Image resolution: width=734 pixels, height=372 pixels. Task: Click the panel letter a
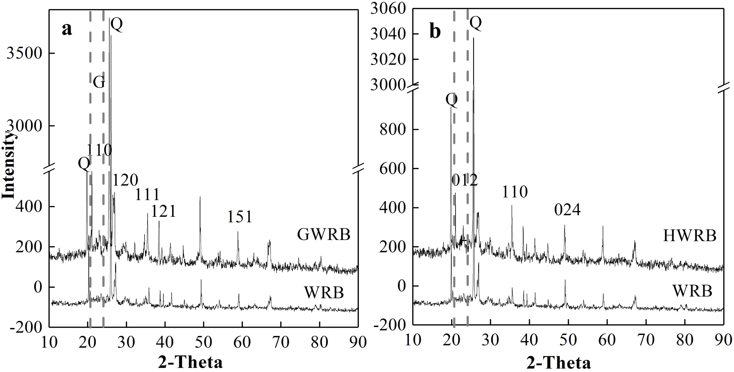(x=67, y=30)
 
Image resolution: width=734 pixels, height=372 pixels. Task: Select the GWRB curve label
(x=324, y=235)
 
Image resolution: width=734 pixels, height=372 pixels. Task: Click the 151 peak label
(x=240, y=217)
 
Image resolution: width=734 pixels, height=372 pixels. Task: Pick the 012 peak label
(x=465, y=180)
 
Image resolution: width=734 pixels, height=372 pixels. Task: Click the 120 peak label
(x=125, y=180)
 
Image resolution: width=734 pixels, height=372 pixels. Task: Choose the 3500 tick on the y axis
(x=24, y=53)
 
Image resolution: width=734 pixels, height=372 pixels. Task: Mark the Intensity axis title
(x=9, y=165)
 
